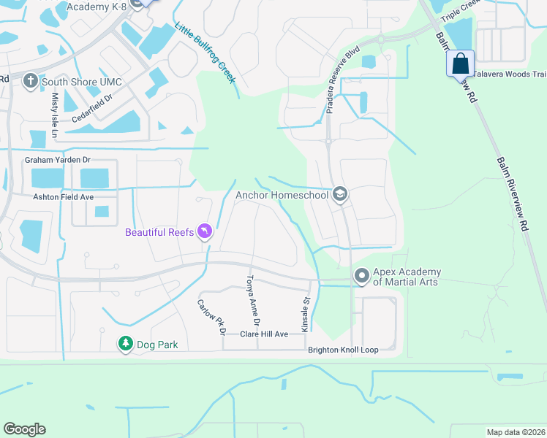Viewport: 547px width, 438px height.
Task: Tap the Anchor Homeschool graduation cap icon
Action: tap(339, 194)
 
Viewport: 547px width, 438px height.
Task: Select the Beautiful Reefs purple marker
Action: tap(205, 232)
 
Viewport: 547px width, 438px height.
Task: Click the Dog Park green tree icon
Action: tap(125, 343)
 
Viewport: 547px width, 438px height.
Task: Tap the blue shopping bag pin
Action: tap(461, 64)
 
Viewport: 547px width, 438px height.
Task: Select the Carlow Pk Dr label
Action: tap(210, 316)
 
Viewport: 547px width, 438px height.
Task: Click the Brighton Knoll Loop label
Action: tap(342, 350)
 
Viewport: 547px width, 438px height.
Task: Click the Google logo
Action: tap(24, 429)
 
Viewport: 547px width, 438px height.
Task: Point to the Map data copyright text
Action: tap(515, 432)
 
